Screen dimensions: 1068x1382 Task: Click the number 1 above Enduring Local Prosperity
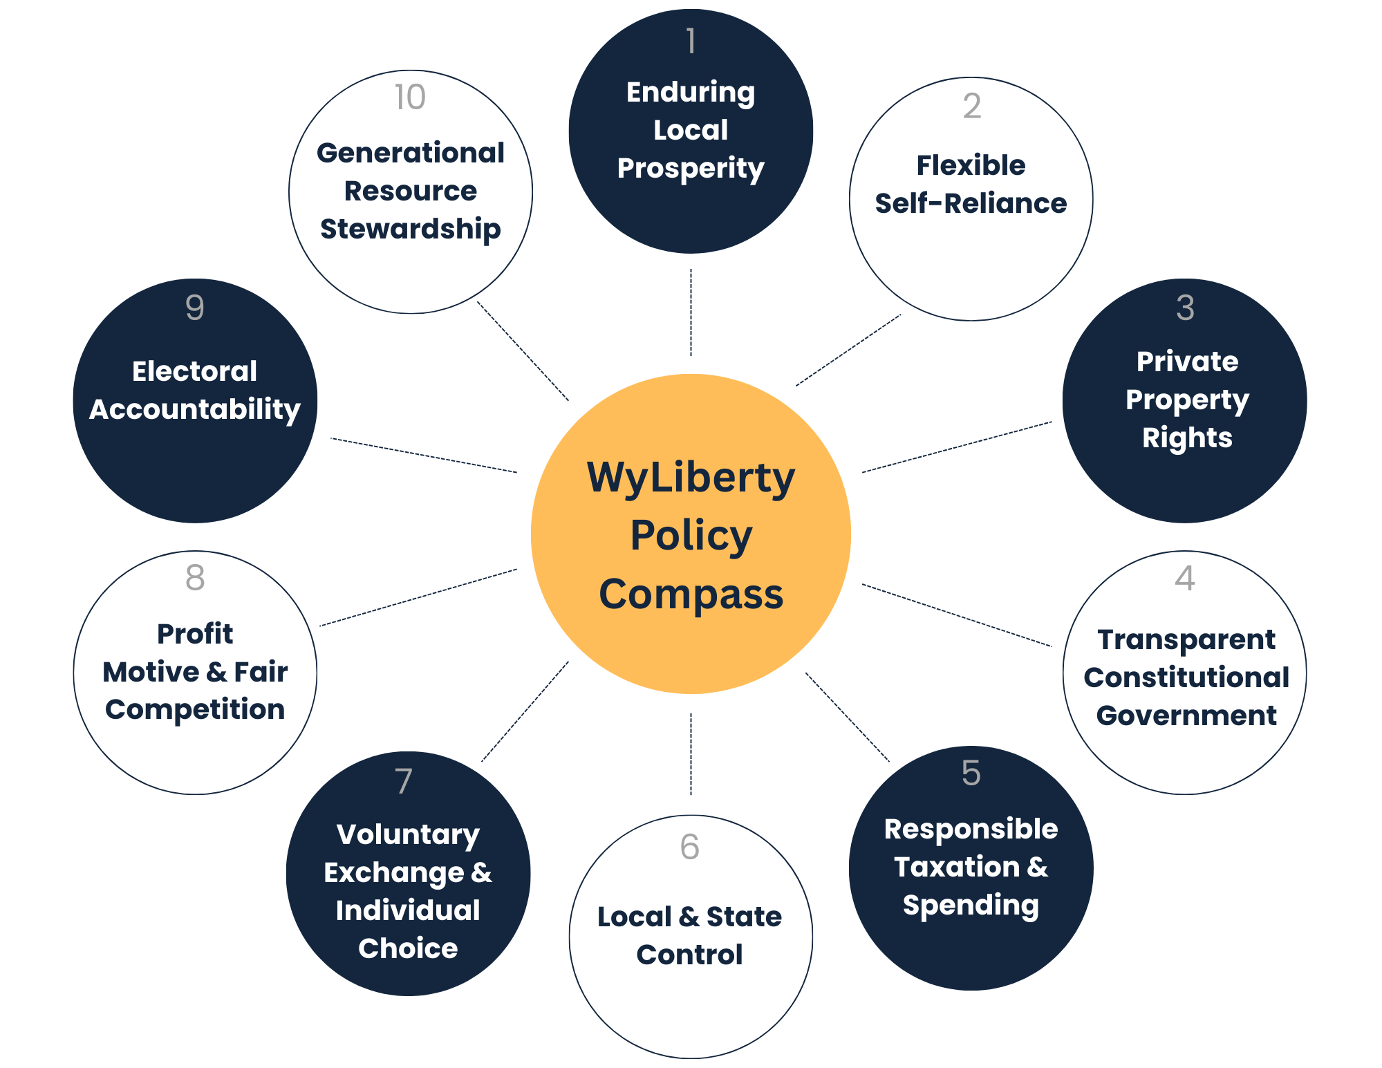coord(691,41)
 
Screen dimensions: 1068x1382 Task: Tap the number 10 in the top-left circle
coord(410,97)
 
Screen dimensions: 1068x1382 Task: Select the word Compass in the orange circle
coord(691,594)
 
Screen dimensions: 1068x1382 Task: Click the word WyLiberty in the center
coord(691,478)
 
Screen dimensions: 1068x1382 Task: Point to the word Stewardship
coord(410,229)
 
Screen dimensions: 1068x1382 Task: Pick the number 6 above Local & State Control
coord(689,847)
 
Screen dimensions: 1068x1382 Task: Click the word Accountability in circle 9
coord(195,410)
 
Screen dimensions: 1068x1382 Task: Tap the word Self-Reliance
coord(971,204)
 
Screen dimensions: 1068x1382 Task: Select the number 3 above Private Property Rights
coord(1185,308)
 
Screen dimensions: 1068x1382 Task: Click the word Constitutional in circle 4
coord(1186,678)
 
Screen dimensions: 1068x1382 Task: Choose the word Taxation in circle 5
coord(956,868)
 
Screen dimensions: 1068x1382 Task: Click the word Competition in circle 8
coord(195,710)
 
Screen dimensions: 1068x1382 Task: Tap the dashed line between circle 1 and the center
coord(691,312)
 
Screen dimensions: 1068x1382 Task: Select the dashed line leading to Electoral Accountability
coord(423,456)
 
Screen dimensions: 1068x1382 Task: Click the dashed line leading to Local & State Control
coord(691,753)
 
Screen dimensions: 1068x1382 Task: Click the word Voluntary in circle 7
coord(408,835)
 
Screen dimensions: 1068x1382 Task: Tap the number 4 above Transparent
coord(1185,579)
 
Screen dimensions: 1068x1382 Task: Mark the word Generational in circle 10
coord(410,153)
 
